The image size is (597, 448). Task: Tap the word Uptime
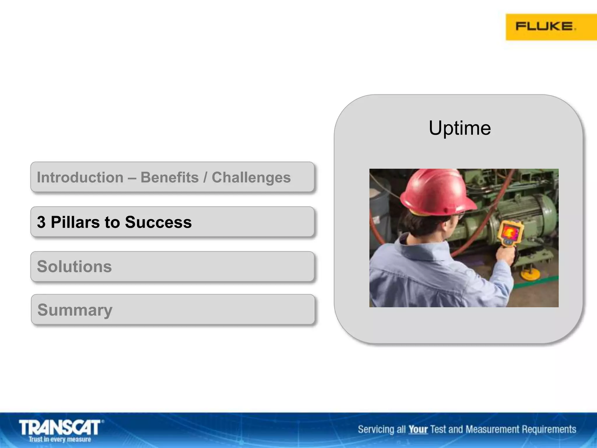click(460, 128)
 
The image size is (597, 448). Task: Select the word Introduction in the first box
click(80, 177)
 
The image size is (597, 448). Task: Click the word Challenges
click(251, 177)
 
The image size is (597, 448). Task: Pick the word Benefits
click(169, 177)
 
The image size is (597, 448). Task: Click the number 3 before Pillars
click(41, 222)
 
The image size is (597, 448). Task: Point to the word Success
click(158, 222)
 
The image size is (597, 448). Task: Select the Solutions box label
click(74, 267)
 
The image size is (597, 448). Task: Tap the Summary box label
click(75, 310)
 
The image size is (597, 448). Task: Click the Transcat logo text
click(60, 428)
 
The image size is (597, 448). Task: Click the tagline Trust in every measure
click(60, 439)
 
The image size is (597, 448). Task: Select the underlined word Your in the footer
click(418, 430)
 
